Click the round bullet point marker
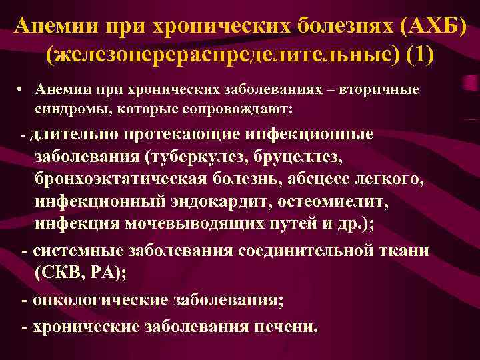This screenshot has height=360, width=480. (x=23, y=90)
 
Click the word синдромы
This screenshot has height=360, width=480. (x=68, y=107)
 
